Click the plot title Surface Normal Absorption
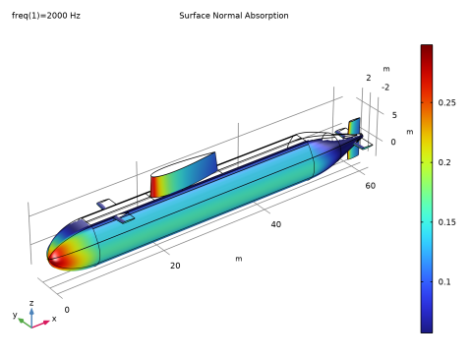click(x=234, y=16)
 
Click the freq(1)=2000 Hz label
click(x=46, y=16)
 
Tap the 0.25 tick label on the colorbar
click(x=446, y=102)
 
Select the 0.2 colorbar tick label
click(x=444, y=162)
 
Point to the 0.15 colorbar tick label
click(x=446, y=222)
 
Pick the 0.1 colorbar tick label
click(x=444, y=281)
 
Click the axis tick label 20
click(x=175, y=266)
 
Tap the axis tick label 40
click(x=276, y=224)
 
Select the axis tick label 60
click(x=371, y=186)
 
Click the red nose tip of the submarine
click(x=50, y=258)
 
